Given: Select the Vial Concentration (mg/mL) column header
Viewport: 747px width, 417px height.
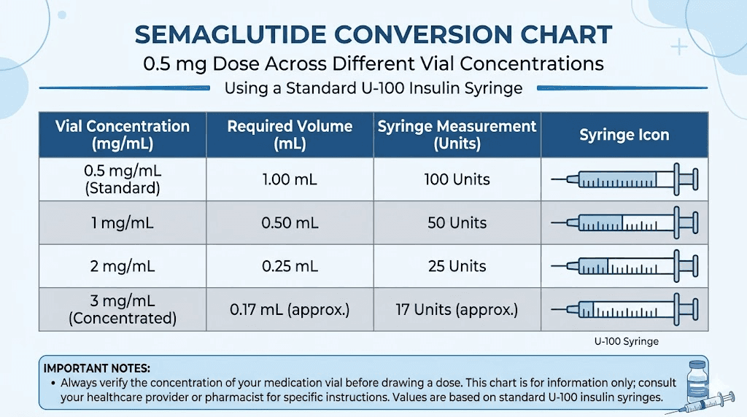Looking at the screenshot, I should [x=122, y=135].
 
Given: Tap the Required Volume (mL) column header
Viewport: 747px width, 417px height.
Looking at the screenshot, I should [x=290, y=135].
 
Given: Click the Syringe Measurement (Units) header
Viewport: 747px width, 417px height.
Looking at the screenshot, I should [x=457, y=135].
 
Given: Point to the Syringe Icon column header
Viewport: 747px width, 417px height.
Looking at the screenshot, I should [x=624, y=135].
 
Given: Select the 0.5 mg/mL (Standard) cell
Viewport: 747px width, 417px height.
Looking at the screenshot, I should [x=122, y=179].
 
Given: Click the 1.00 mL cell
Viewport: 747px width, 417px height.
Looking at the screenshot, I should [x=290, y=179].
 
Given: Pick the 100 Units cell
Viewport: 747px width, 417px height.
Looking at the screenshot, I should [x=457, y=179].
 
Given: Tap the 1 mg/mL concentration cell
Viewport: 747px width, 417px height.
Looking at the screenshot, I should [x=122, y=223].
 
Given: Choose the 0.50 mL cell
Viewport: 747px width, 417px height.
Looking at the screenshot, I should [x=290, y=223].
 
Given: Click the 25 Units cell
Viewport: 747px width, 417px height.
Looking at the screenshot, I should [x=457, y=266].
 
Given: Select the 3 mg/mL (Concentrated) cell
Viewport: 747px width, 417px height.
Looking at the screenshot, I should [x=122, y=310].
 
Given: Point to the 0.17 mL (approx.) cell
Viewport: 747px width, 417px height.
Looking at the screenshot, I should [x=290, y=310].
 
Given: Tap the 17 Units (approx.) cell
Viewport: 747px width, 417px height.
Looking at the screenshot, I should [x=457, y=310].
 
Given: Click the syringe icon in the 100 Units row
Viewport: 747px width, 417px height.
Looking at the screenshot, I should [x=625, y=179].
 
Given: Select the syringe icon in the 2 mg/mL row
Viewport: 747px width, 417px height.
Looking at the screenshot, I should [x=625, y=266].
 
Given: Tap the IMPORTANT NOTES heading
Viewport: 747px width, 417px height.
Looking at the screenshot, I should [x=97, y=368].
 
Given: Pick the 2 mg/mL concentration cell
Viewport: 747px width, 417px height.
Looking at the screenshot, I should [x=122, y=266].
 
